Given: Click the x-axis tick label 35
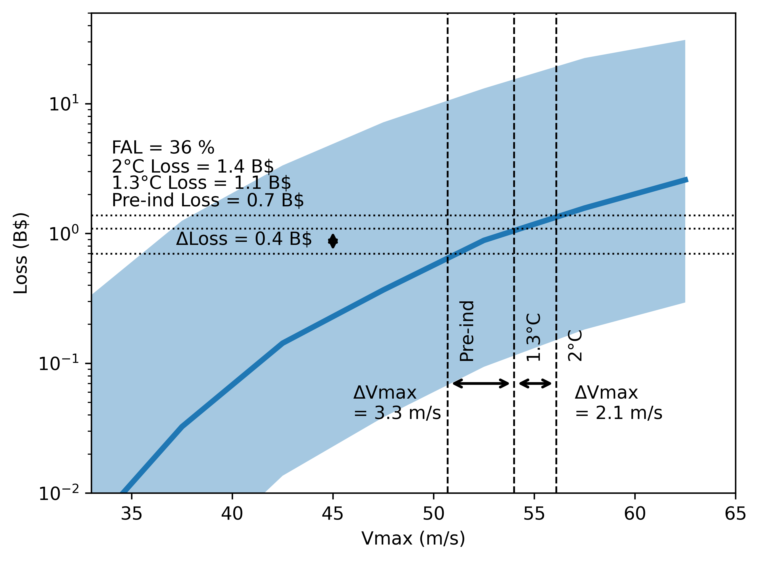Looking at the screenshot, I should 131,514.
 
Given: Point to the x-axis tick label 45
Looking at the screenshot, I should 333,514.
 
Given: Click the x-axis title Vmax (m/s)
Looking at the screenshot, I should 413,538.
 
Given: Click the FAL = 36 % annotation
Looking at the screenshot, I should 163,148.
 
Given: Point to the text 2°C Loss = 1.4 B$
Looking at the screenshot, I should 192,167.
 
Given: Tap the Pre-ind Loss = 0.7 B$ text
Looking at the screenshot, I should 208,200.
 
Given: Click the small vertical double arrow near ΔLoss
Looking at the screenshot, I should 333,241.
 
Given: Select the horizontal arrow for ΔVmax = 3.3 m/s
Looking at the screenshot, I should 481,384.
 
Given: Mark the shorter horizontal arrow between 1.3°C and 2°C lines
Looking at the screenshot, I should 535,384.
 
